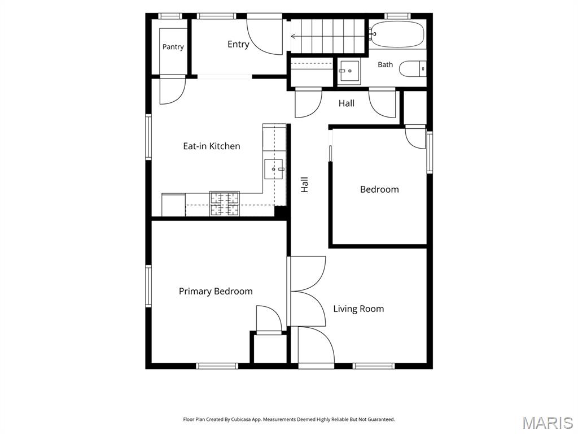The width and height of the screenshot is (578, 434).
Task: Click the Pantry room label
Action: (173, 47)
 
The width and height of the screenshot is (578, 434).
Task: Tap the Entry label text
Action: (238, 44)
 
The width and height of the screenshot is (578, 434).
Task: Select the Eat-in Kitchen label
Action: (212, 146)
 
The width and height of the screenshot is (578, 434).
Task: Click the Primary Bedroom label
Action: (216, 291)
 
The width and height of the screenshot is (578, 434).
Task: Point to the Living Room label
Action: (358, 309)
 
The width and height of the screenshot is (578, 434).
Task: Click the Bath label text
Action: (385, 64)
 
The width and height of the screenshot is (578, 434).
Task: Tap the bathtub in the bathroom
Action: (397, 34)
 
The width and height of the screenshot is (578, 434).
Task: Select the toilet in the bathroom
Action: (413, 68)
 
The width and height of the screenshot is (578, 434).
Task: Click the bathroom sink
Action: (349, 71)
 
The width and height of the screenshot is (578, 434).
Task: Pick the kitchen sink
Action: (274, 169)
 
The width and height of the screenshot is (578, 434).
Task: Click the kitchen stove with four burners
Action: (225, 203)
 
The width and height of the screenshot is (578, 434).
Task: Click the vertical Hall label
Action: (304, 185)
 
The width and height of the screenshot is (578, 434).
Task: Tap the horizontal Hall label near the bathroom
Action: (347, 103)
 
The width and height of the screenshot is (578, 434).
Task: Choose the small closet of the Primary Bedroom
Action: (269, 348)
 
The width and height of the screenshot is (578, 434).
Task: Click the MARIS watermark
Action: (548, 423)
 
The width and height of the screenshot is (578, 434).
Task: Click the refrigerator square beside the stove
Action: (173, 205)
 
